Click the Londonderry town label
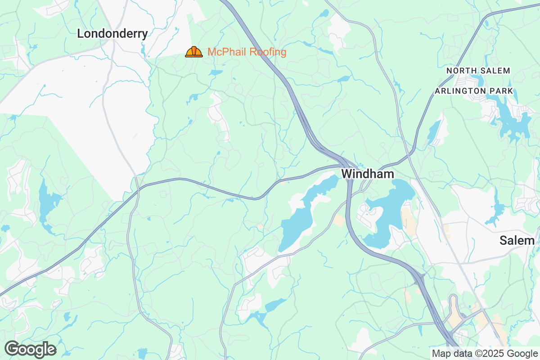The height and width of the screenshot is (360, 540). (112, 34)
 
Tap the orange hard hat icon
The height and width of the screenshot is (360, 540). (194, 52)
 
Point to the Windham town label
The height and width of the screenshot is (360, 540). (368, 174)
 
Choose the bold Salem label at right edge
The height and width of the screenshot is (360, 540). (517, 241)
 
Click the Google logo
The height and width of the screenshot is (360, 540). (31, 349)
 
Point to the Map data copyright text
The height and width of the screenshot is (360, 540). (484, 353)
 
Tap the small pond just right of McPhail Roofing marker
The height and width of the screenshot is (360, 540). (216, 72)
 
